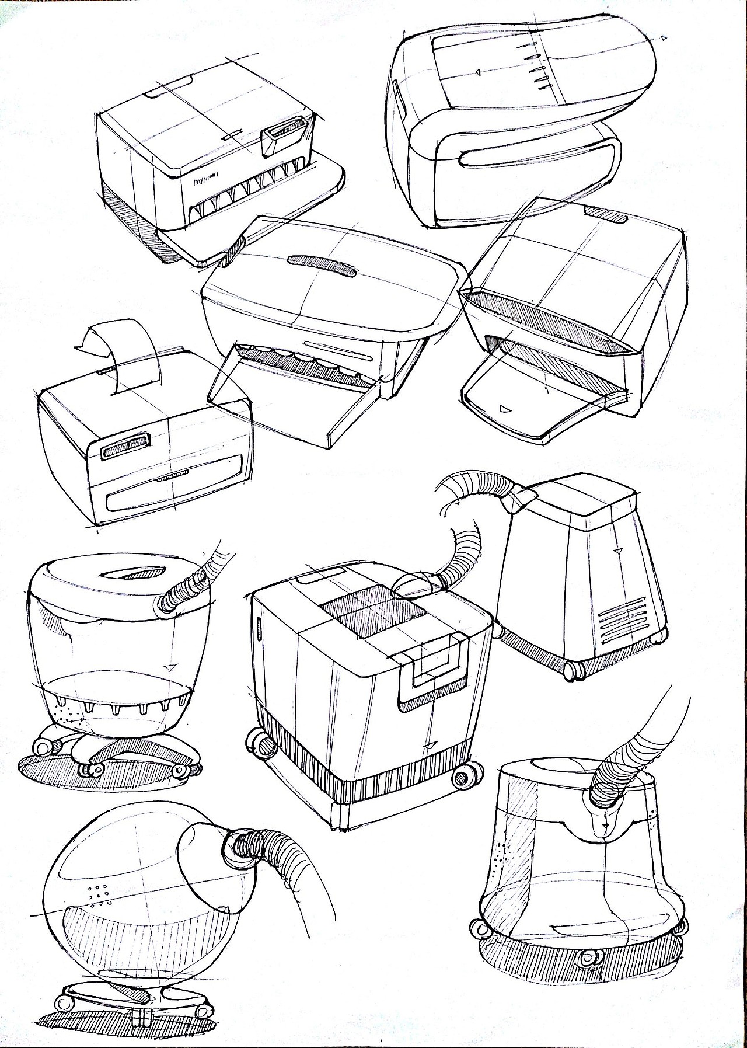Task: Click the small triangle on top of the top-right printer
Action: point(477,73)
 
